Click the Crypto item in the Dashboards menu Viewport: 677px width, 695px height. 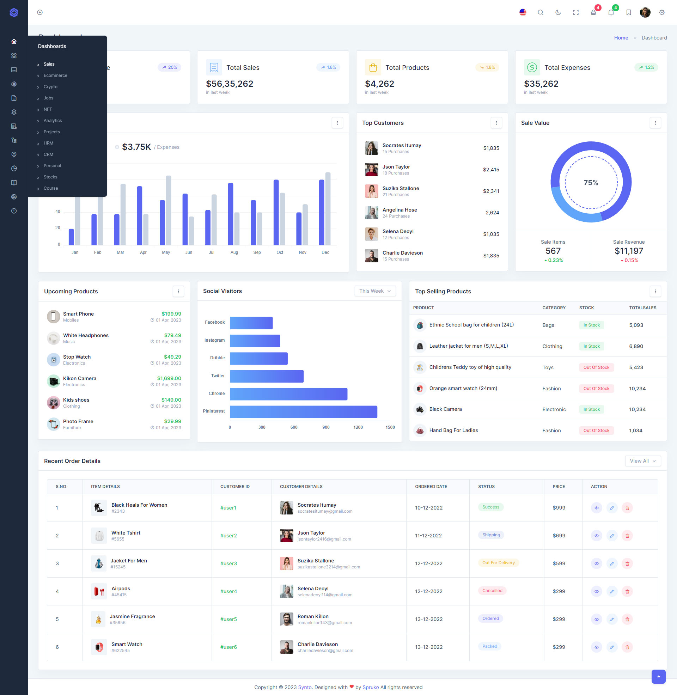(x=50, y=87)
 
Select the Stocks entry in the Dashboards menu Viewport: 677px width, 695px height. (x=50, y=177)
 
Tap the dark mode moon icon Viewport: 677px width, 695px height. (x=558, y=12)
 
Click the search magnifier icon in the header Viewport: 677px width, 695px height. (x=540, y=12)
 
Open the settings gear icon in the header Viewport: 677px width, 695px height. (x=661, y=12)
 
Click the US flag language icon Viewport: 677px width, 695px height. (x=523, y=12)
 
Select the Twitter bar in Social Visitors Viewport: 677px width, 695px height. (x=267, y=376)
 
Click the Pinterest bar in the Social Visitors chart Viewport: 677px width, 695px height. (x=303, y=411)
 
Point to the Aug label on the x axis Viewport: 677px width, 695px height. (x=234, y=252)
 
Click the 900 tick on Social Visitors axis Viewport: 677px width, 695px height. (x=326, y=427)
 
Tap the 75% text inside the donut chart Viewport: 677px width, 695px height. (x=591, y=183)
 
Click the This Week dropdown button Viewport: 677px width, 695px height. (x=375, y=291)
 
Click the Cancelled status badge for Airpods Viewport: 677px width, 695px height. (x=492, y=591)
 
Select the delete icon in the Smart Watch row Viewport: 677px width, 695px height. (x=627, y=647)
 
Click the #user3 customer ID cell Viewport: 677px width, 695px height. (x=228, y=563)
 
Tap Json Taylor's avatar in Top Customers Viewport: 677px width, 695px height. (x=371, y=170)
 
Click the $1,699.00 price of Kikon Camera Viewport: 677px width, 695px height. (x=169, y=378)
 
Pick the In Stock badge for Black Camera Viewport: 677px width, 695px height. (x=591, y=409)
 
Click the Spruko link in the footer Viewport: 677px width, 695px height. (x=371, y=687)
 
